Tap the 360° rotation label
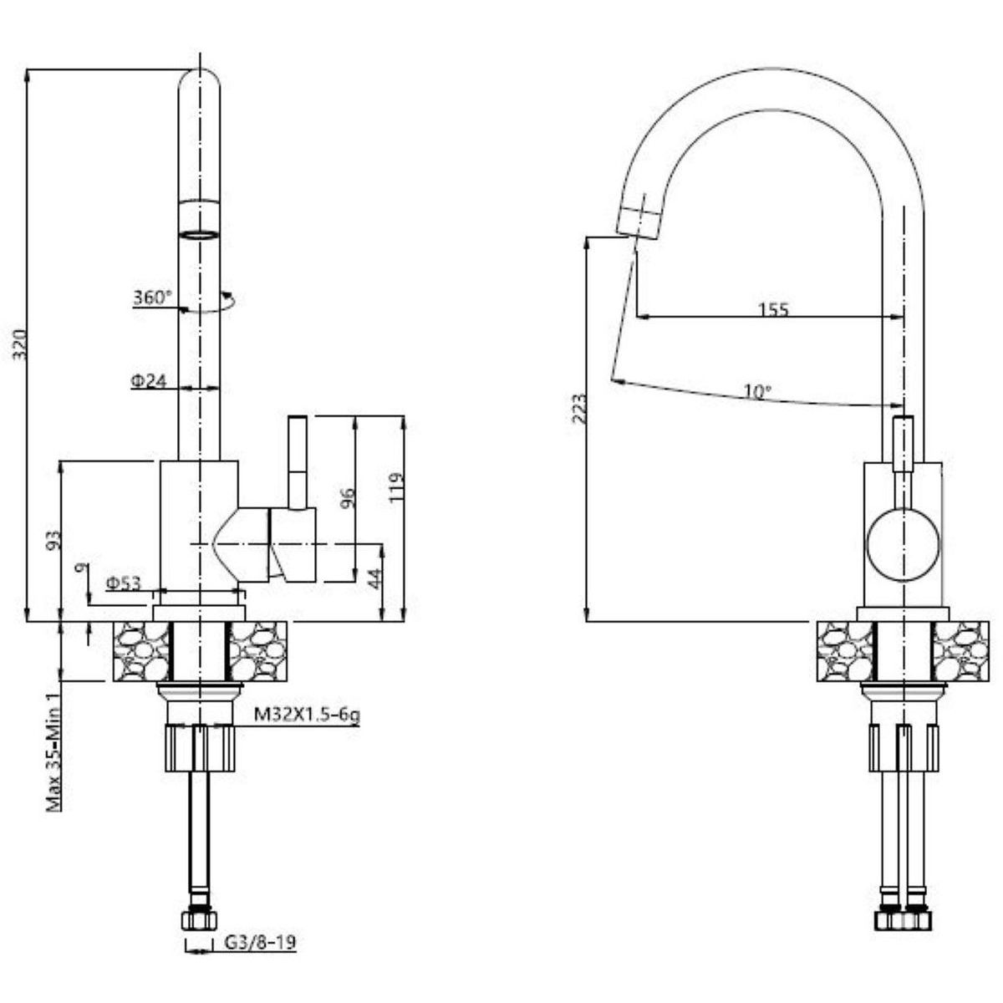(152, 297)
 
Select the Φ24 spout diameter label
(149, 381)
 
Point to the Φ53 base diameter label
(122, 583)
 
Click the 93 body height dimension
(52, 540)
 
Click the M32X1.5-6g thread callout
(307, 715)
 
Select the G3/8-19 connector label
(261, 943)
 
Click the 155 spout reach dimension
(773, 309)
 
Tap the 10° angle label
(757, 390)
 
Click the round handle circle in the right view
(903, 544)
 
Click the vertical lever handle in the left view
(297, 460)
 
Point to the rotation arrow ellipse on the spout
(209, 303)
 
